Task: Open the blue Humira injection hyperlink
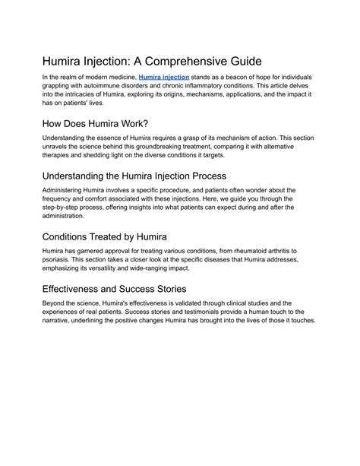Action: coord(163,78)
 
